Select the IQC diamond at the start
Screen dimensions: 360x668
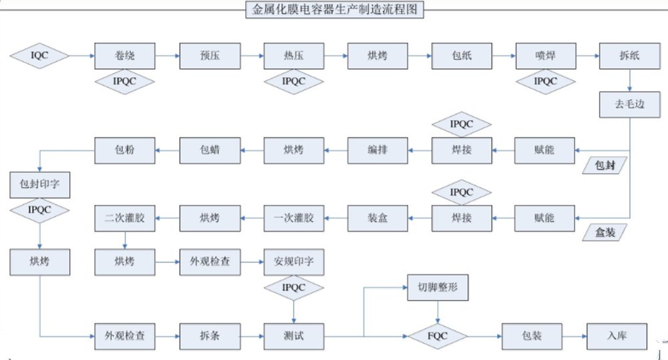pyautogui.click(x=40, y=55)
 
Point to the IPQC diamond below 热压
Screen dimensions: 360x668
pyautogui.click(x=293, y=81)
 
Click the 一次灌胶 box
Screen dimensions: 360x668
pyautogui.click(x=293, y=218)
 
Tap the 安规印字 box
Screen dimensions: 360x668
pyautogui.click(x=293, y=262)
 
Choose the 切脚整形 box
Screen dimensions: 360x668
pyautogui.click(x=438, y=288)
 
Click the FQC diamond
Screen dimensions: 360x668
pyautogui.click(x=438, y=333)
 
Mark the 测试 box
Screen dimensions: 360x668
pyautogui.click(x=293, y=333)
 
